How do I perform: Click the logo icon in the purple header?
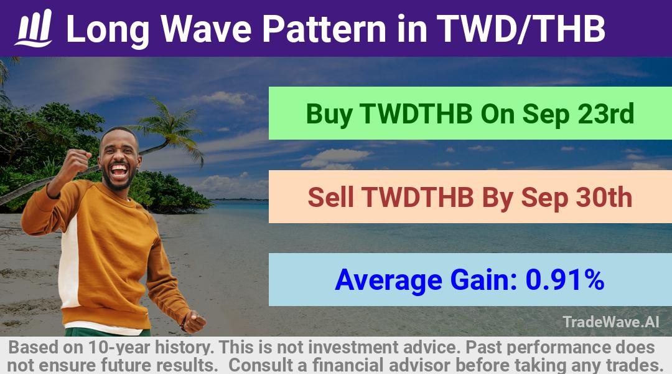tap(34, 28)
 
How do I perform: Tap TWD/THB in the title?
tap(521, 29)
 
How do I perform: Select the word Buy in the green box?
tap(329, 115)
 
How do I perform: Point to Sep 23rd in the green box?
tap(578, 114)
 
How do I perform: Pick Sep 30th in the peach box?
tap(577, 197)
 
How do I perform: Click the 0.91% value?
tap(565, 279)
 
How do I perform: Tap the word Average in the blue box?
tap(388, 280)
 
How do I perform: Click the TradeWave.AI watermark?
tap(611, 322)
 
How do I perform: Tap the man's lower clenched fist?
tap(194, 322)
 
